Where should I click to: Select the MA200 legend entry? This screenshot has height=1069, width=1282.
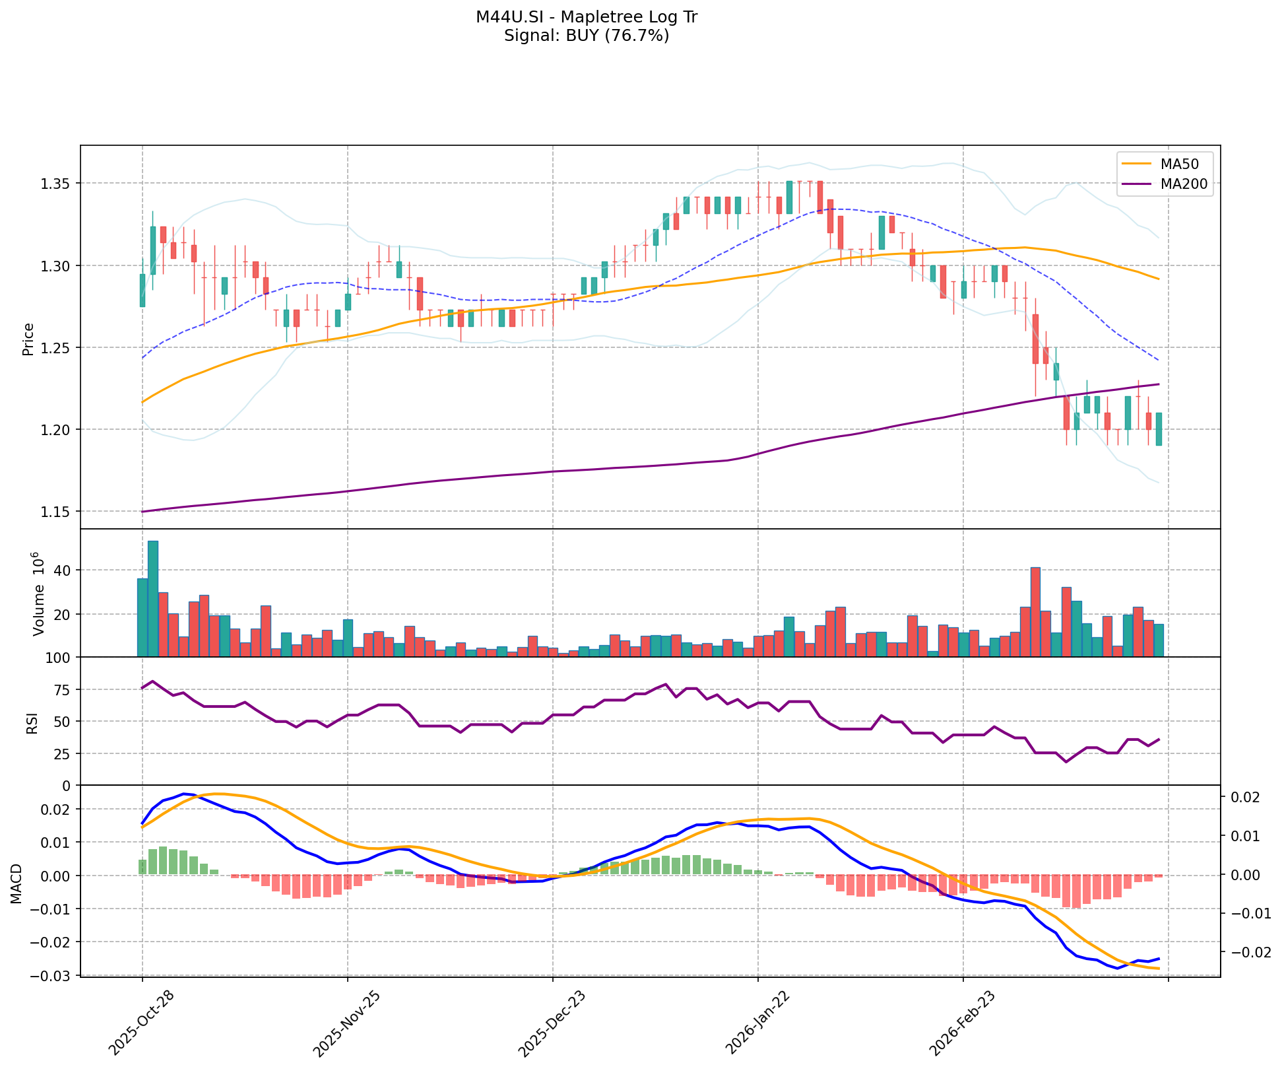click(x=1179, y=184)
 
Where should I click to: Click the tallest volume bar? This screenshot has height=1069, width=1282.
click(x=153, y=598)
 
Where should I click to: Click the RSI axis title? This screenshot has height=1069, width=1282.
click(x=32, y=721)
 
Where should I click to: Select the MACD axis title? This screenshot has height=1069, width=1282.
click(x=16, y=883)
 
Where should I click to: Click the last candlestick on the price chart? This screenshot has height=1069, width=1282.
click(x=1159, y=429)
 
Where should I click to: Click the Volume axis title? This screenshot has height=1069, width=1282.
click(x=38, y=594)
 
